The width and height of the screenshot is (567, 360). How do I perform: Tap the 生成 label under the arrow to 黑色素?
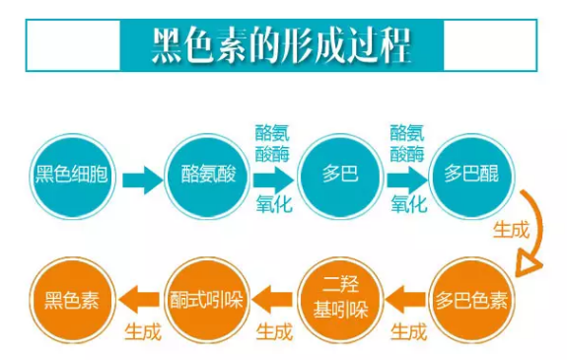pos(142,331)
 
